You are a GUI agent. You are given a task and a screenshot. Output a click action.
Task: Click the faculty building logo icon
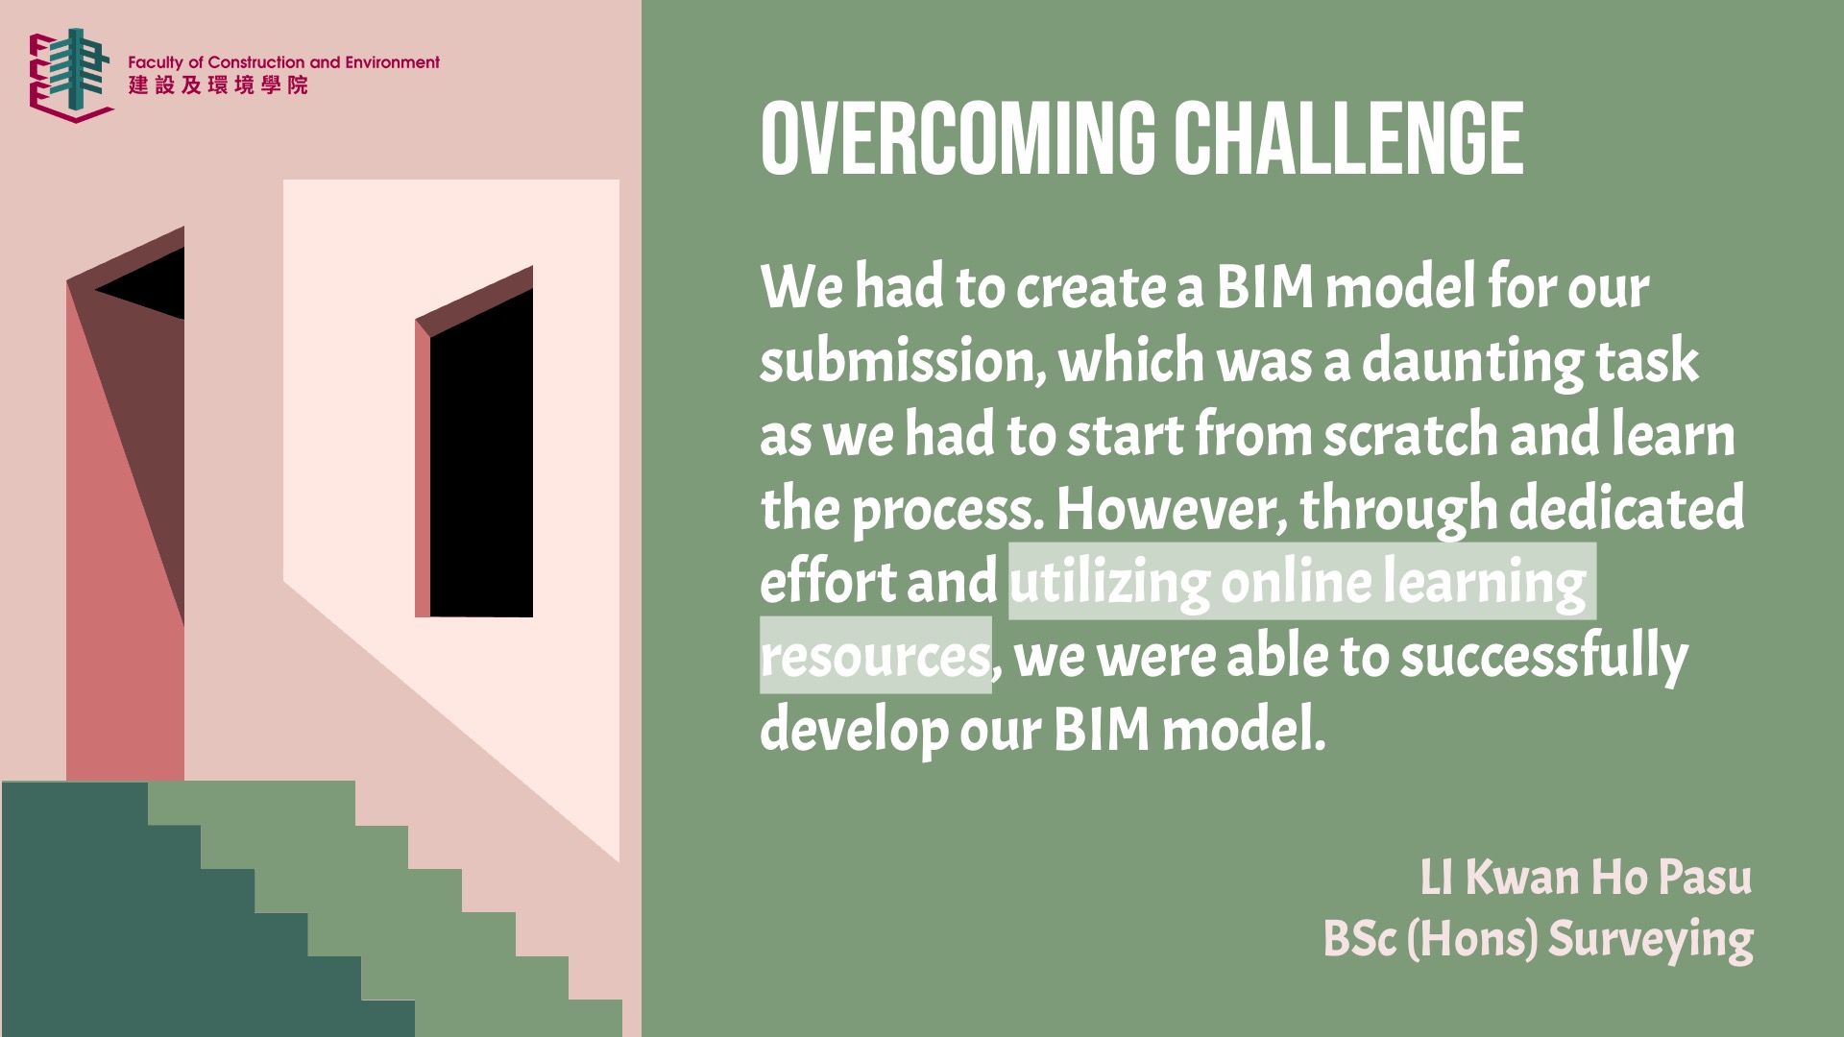(71, 75)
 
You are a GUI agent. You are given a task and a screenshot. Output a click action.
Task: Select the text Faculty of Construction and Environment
(283, 62)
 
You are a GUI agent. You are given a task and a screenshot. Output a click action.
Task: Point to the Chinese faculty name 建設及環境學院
(218, 85)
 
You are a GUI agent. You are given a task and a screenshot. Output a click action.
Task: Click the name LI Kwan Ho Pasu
(1586, 878)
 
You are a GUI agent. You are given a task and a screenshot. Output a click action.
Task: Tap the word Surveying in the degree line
(1651, 939)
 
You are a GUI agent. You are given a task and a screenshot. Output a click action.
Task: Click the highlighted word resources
(875, 656)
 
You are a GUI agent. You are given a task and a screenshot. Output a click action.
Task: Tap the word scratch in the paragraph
(1411, 435)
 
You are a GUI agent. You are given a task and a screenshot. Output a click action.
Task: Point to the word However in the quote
(1172, 509)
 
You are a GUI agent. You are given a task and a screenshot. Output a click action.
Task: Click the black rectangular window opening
(481, 453)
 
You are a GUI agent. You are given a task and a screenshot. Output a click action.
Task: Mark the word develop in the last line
(854, 731)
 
